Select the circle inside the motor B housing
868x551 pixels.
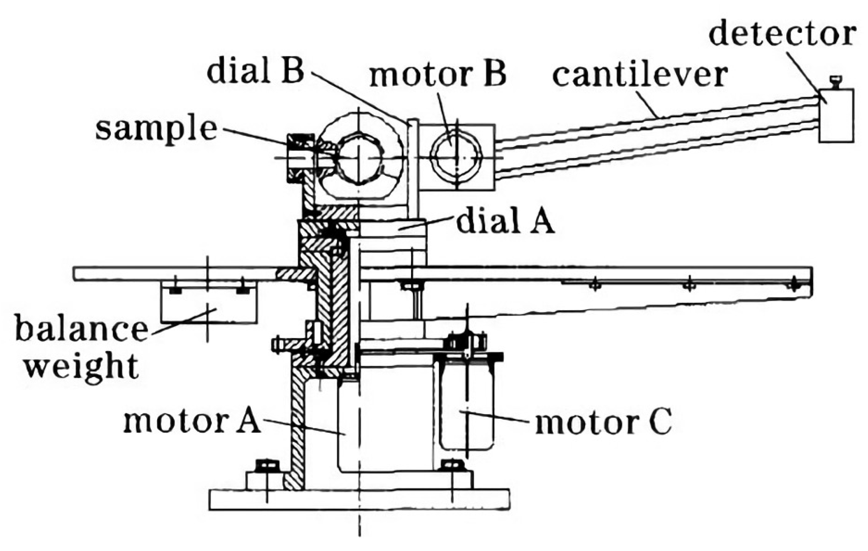(x=456, y=157)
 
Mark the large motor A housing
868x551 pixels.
(x=386, y=425)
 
